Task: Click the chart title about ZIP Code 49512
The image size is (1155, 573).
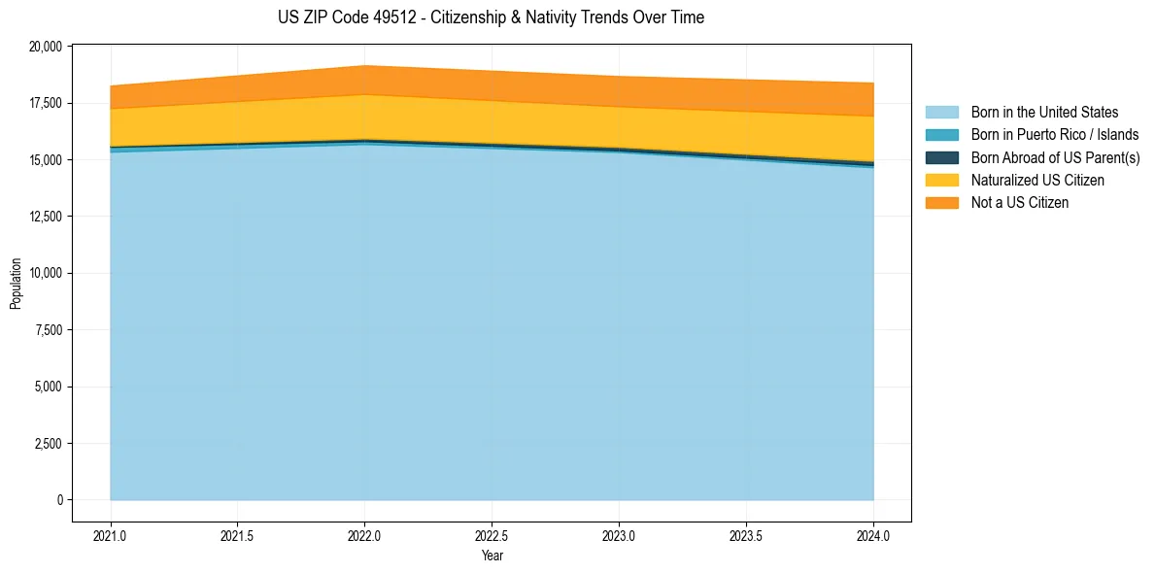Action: coord(491,17)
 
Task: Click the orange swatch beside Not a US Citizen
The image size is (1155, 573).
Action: coord(941,203)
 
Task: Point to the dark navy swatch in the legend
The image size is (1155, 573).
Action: coord(941,157)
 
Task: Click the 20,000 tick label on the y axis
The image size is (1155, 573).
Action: coord(47,47)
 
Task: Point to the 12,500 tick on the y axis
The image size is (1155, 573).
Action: coord(47,217)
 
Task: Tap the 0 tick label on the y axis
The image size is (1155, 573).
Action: coord(59,500)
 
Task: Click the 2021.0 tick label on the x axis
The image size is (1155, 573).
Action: coord(111,535)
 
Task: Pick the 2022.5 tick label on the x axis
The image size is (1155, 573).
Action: coord(493,535)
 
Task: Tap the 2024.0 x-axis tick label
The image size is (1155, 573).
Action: coord(873,535)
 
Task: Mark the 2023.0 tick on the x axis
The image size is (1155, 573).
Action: coord(619,535)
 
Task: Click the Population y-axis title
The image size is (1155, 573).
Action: coord(16,284)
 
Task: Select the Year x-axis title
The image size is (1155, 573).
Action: coord(493,556)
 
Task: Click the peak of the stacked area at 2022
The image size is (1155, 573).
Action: coord(364,66)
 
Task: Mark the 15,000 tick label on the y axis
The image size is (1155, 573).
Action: coord(47,160)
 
